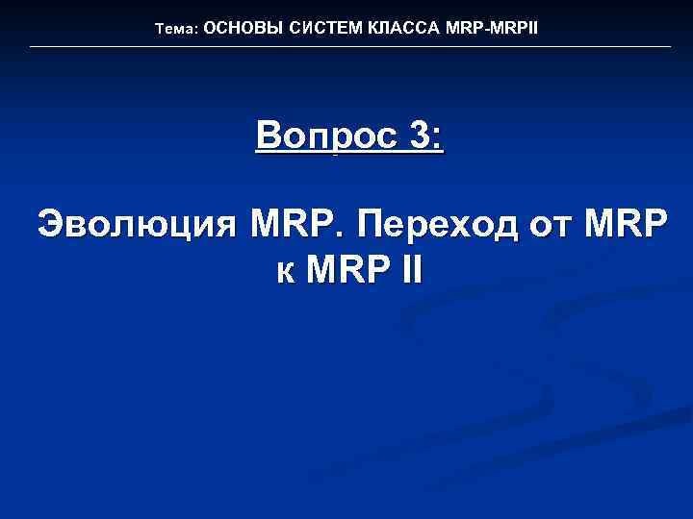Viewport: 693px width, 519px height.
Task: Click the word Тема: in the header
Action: click(176, 30)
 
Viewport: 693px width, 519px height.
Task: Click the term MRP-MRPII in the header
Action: click(492, 29)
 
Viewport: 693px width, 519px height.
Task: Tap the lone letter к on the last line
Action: click(285, 271)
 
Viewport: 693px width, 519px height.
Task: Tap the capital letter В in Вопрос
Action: click(270, 136)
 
